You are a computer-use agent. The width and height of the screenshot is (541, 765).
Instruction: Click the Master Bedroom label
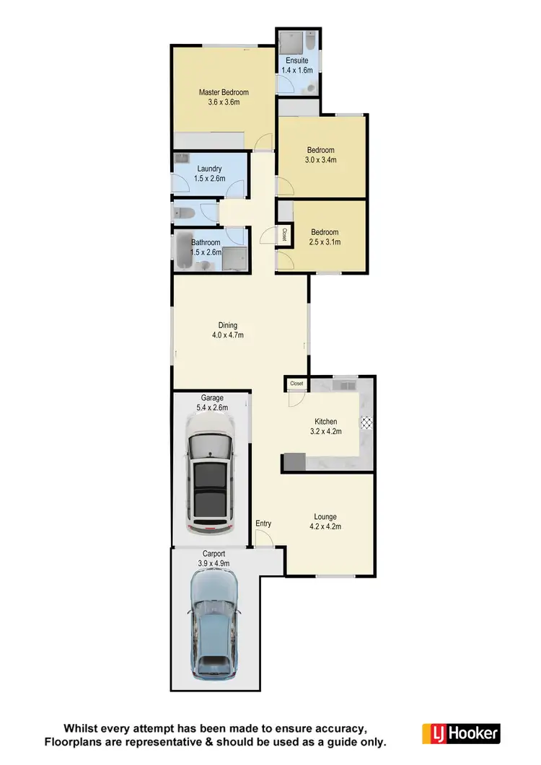(224, 92)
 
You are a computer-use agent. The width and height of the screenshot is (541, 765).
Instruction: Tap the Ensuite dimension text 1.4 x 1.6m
(297, 71)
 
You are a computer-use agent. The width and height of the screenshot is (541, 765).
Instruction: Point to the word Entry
(263, 523)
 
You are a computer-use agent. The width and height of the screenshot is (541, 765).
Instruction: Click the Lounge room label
(325, 517)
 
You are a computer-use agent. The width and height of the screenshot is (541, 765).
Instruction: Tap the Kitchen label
(326, 422)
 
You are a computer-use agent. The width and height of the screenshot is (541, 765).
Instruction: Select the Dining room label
(228, 325)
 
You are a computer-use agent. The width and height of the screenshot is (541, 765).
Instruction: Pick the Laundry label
(209, 169)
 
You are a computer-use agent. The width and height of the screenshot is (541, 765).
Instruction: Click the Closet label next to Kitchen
(296, 384)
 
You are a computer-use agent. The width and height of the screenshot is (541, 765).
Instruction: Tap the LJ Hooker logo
(460, 734)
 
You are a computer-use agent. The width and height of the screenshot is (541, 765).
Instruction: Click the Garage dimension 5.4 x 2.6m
(212, 407)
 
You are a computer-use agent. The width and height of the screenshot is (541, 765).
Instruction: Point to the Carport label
(213, 554)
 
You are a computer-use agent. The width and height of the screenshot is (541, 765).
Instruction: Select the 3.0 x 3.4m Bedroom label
(321, 160)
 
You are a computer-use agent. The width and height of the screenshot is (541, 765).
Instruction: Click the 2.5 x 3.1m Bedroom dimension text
(325, 242)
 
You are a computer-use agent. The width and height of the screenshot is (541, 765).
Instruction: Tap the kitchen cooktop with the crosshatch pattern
(364, 423)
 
